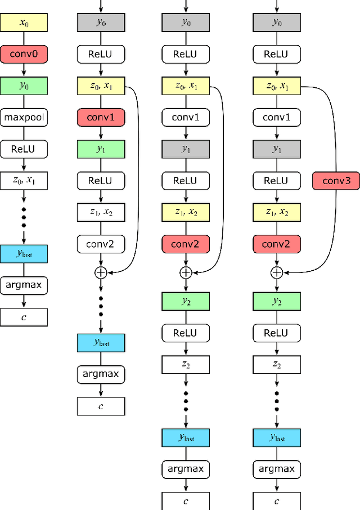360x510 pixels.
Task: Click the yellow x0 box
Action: point(24,23)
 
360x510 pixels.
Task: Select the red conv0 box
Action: point(24,54)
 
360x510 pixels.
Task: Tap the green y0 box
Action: point(24,86)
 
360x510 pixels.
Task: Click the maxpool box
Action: point(24,118)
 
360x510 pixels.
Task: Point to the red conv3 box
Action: point(336,181)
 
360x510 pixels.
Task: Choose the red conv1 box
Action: point(101,118)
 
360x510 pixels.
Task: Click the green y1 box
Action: point(101,149)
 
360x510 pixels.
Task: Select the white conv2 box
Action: point(101,244)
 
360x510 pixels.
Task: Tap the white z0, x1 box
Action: point(24,181)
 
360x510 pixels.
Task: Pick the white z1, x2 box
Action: point(101,212)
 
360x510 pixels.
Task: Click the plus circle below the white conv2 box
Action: point(101,272)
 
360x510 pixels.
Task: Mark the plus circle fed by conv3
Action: point(276,272)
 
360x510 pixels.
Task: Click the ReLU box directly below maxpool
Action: point(24,149)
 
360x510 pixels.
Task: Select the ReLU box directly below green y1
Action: point(101,181)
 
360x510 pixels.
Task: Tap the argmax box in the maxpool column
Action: point(24,285)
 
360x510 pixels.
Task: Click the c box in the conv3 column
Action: point(276,500)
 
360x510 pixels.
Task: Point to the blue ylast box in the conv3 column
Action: point(276,437)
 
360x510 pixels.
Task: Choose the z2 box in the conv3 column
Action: point(276,364)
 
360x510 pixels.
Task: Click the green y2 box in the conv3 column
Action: point(276,301)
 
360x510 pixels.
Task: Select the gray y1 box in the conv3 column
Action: point(276,149)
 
